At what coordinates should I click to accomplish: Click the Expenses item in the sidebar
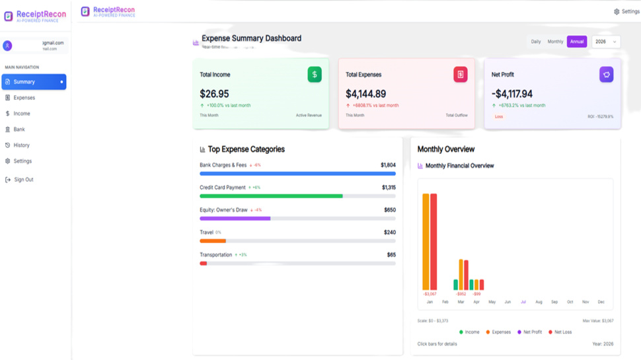pos(24,98)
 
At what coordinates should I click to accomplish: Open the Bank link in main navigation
pos(19,129)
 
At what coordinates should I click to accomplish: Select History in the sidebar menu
pos(21,145)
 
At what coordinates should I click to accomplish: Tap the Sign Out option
pos(23,180)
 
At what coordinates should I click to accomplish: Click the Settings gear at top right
pos(626,11)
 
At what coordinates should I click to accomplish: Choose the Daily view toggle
pos(535,42)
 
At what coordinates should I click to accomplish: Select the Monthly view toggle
pos(555,42)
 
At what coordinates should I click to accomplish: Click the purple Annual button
pos(576,42)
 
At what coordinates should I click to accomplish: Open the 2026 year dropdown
pos(605,42)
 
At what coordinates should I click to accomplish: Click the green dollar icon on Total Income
pos(315,75)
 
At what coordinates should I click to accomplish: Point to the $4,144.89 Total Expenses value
pos(365,94)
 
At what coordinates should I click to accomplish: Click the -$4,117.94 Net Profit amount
pos(511,94)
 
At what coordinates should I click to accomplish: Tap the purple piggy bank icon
pos(606,75)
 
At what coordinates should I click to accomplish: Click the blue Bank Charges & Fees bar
pos(297,174)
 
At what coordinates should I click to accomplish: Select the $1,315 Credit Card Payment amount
pos(389,188)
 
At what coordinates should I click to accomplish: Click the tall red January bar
pos(434,242)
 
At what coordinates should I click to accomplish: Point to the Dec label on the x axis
pos(601,302)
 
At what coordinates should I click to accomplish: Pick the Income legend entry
pos(469,332)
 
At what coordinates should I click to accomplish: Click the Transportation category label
pos(215,255)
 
